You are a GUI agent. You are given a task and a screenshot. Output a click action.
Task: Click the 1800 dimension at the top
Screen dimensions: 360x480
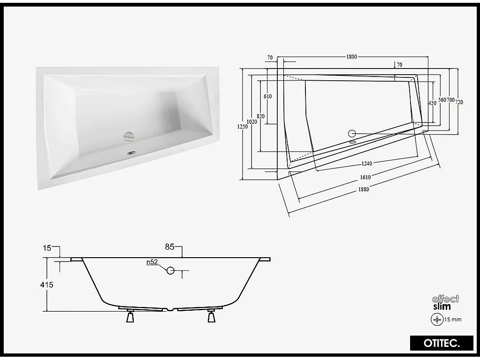tap(351, 57)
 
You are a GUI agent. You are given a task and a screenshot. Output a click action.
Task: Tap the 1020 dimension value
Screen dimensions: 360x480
tap(252, 122)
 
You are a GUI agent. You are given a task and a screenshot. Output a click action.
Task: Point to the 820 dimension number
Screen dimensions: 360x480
tap(261, 116)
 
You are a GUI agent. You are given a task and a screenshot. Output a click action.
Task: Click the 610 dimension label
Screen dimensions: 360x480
tap(267, 96)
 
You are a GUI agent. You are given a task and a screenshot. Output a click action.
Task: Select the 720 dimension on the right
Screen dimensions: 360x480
tap(459, 101)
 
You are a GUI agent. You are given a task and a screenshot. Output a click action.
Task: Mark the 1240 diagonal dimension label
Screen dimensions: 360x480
tap(366, 164)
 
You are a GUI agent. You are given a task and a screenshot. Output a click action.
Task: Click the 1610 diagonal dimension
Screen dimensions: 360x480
tap(366, 177)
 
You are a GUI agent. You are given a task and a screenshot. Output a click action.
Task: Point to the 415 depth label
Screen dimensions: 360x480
tap(47, 285)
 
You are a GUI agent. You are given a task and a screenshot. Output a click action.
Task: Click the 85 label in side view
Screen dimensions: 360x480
tap(169, 246)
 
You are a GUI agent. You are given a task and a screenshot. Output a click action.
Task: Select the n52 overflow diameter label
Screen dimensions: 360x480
tap(152, 262)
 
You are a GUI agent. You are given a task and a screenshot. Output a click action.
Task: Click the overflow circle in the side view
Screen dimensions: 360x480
tap(171, 270)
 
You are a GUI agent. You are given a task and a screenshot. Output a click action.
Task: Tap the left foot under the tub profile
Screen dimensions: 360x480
tap(130, 318)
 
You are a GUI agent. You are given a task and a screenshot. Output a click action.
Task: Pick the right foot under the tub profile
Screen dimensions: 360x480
tap(211, 318)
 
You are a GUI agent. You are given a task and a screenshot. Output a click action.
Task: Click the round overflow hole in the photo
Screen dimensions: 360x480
tap(129, 136)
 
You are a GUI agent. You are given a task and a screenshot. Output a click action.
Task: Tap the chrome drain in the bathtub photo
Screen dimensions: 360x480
tap(131, 152)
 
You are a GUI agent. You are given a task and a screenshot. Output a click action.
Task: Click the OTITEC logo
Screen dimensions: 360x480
tap(434, 344)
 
